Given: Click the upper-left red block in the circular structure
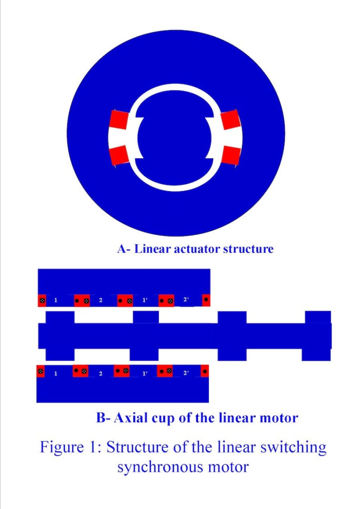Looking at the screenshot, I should (x=119, y=119).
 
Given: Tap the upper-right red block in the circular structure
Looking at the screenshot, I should (x=230, y=119).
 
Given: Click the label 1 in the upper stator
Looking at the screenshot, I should (x=56, y=300).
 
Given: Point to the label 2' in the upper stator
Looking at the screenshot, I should (x=185, y=300).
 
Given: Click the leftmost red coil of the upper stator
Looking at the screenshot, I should (x=42, y=300).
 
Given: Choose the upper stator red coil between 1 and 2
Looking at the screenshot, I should (x=81, y=300).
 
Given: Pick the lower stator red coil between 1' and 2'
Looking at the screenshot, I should (x=165, y=371).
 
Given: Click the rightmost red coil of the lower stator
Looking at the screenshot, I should (x=205, y=371).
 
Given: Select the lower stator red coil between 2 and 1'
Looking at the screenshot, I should (x=121, y=371).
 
